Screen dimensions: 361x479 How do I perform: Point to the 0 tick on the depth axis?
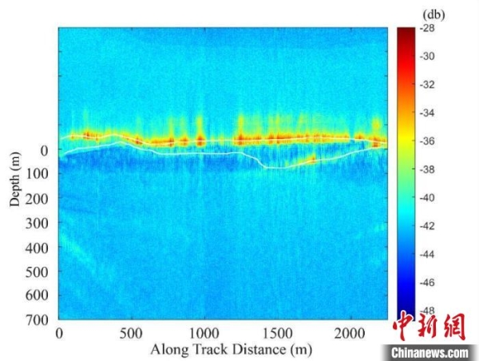point(45,150)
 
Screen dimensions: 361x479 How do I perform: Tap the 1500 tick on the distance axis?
point(277,332)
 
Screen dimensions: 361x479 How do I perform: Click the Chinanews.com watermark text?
point(429,352)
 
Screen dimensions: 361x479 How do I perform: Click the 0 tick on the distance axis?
point(59,332)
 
